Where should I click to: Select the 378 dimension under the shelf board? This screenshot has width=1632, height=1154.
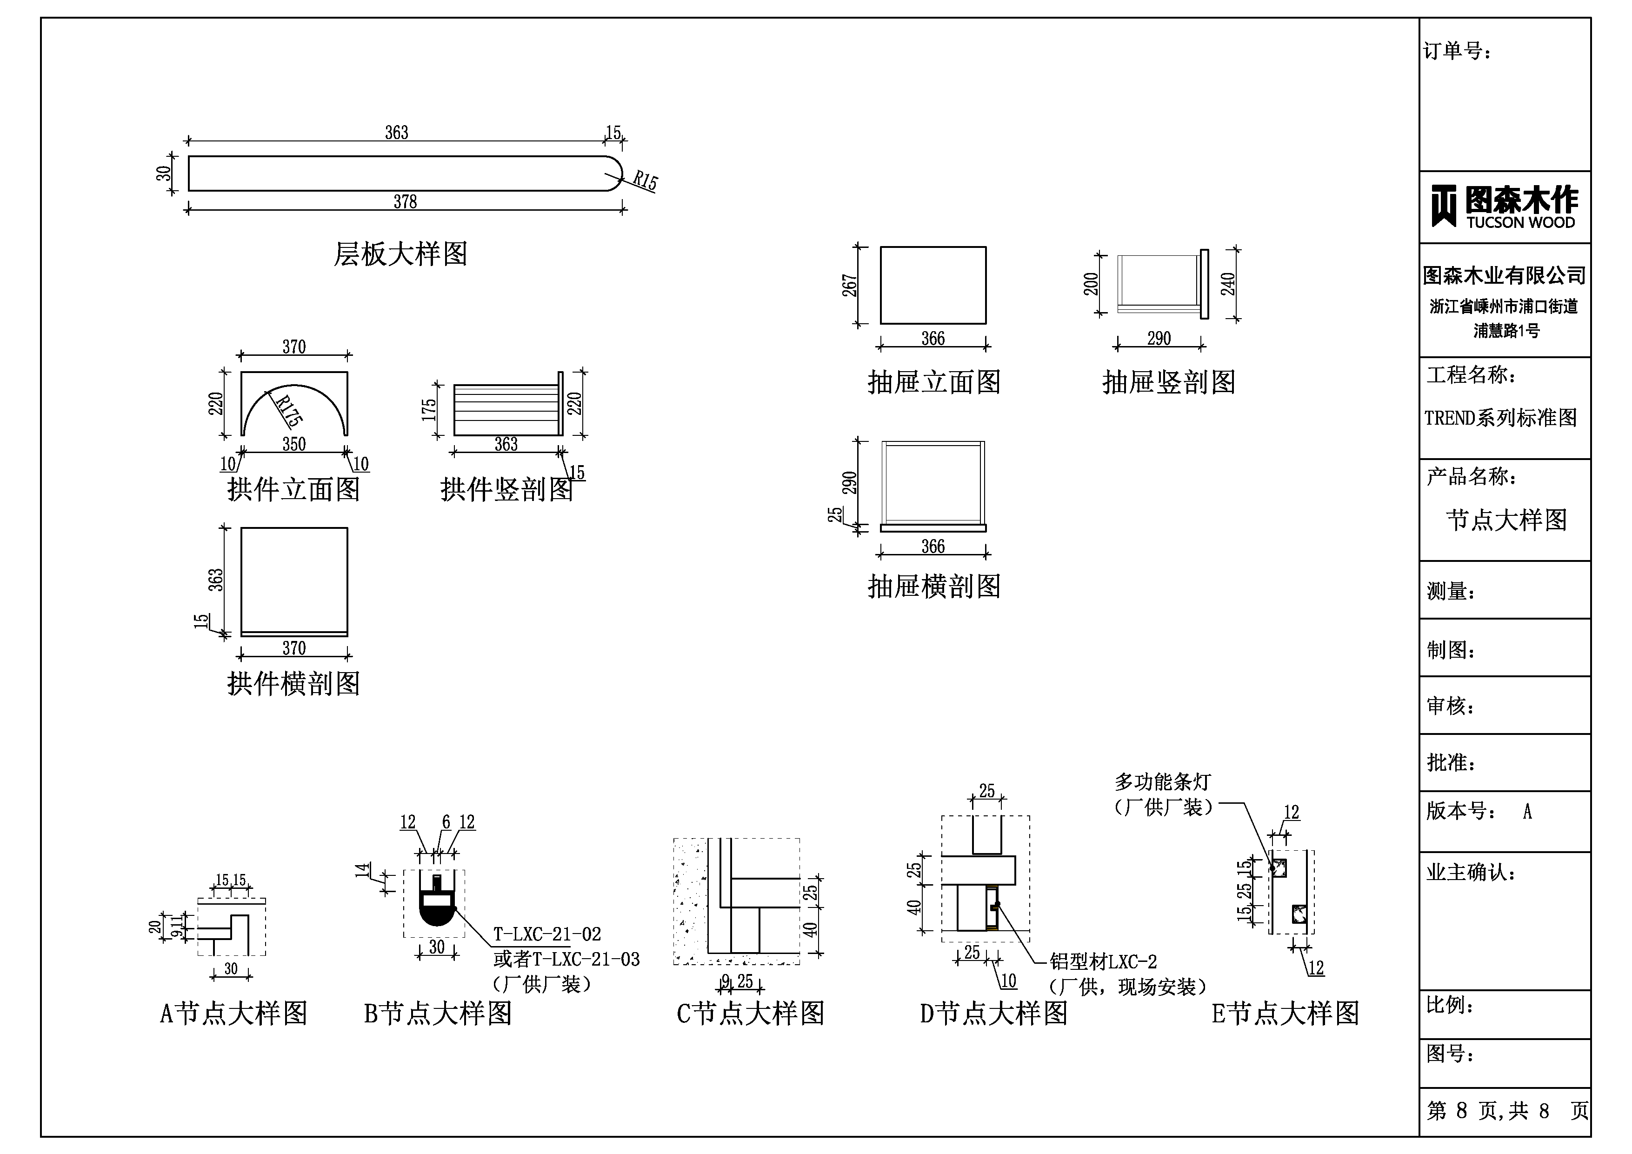coord(405,202)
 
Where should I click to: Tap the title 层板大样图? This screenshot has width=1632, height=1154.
coord(401,254)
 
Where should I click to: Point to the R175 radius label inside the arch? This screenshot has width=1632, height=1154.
coord(288,410)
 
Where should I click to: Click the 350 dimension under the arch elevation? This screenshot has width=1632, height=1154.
coord(293,444)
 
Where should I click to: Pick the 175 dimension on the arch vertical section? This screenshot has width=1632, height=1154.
coord(429,410)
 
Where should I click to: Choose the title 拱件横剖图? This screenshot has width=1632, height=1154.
coord(293,683)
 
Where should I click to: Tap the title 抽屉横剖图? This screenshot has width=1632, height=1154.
coord(934,587)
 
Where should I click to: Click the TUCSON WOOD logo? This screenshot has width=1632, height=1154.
coord(1504,207)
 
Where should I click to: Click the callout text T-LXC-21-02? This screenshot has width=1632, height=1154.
coord(547,934)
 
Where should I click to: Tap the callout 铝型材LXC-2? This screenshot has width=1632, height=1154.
coord(1103,962)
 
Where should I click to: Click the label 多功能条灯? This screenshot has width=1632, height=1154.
coord(1162,782)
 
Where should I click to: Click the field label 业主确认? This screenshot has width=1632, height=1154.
coord(1471,873)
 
